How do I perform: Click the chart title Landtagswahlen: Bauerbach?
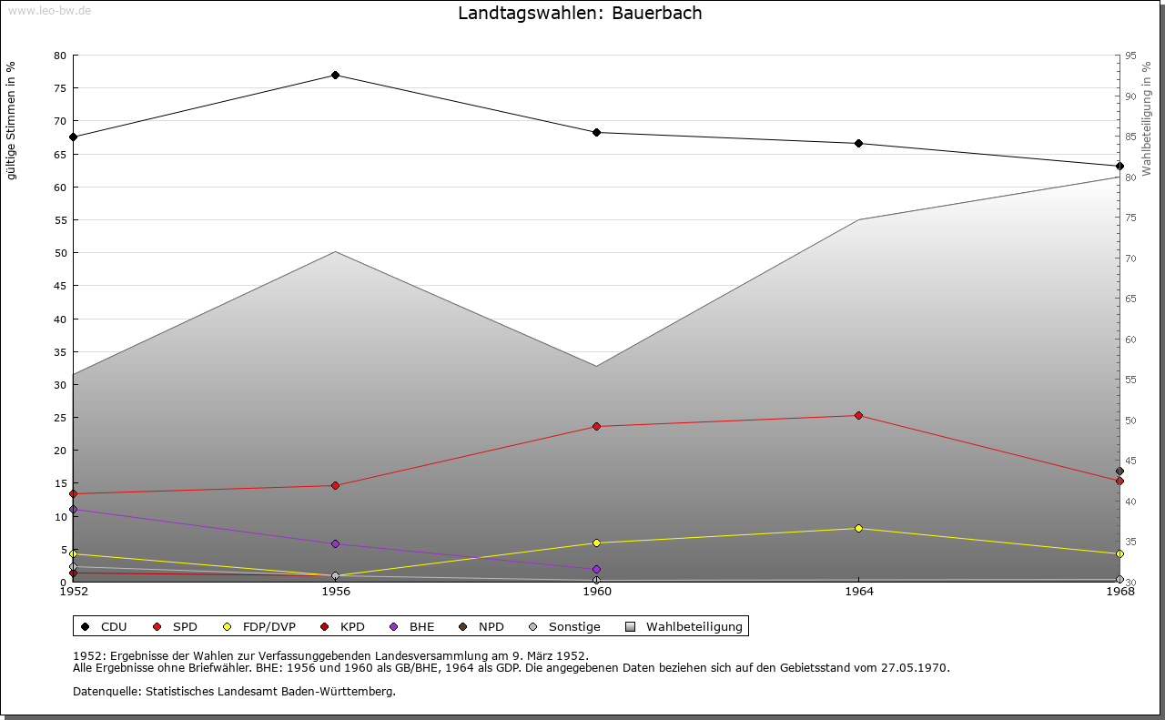(580, 14)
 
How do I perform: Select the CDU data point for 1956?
(335, 75)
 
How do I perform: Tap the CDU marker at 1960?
(597, 133)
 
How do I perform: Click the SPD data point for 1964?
(858, 416)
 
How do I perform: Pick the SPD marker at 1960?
(597, 427)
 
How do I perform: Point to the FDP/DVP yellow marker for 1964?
(858, 529)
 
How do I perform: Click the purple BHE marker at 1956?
(335, 544)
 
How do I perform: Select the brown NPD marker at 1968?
(1119, 472)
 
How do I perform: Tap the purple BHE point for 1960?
(597, 570)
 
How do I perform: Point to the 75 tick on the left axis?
(60, 88)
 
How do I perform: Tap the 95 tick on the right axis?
(1130, 56)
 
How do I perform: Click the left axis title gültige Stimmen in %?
(12, 121)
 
